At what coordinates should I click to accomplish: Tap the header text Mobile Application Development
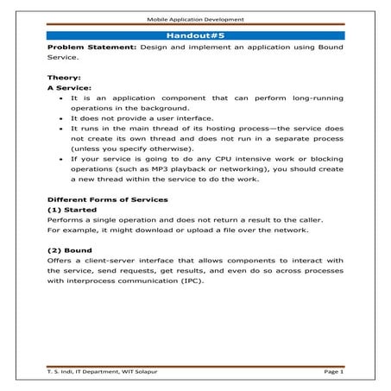click(x=195, y=17)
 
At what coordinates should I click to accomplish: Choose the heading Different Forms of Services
click(x=107, y=199)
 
